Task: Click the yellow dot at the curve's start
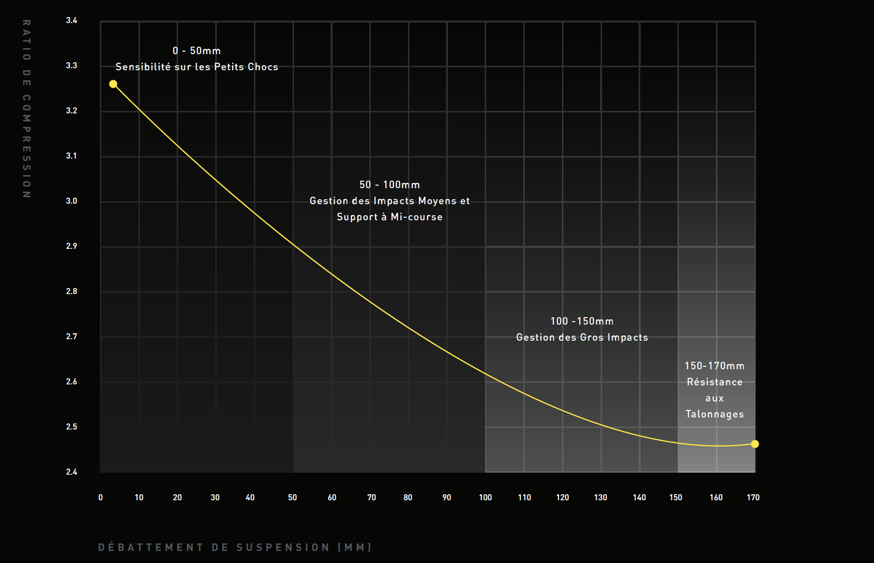(x=113, y=84)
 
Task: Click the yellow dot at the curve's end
(x=755, y=444)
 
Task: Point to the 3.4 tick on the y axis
(x=72, y=21)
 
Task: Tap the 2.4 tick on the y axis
(x=72, y=472)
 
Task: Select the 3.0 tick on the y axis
(x=72, y=201)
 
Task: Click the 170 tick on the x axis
(x=753, y=497)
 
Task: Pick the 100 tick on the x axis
(x=485, y=497)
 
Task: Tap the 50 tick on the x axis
(x=293, y=497)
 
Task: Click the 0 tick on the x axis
(x=100, y=497)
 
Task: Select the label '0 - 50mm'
(x=197, y=51)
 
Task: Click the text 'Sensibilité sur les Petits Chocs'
(x=197, y=67)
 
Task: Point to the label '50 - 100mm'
(x=389, y=185)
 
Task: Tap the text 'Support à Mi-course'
(x=389, y=217)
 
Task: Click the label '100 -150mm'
(x=582, y=321)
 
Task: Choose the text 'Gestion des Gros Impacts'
(x=582, y=337)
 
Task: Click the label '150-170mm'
(x=714, y=366)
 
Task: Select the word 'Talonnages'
(x=714, y=414)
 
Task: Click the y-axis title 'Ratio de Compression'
(x=27, y=109)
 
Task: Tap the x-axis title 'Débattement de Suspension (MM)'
(x=235, y=547)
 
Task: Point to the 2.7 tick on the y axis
(x=72, y=336)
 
